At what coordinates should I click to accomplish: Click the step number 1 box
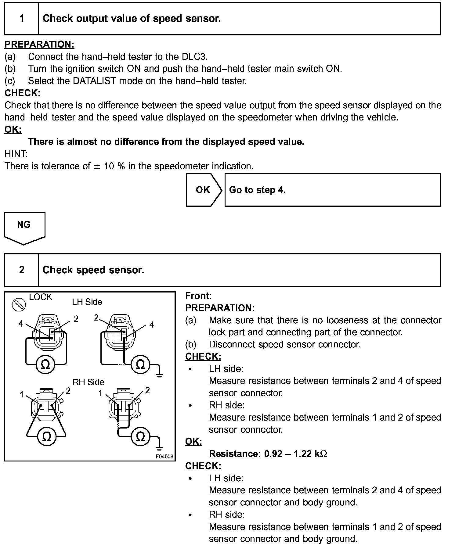pyautogui.click(x=21, y=19)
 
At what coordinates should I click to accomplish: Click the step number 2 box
pyautogui.click(x=21, y=270)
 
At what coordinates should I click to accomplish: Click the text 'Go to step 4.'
pyautogui.click(x=257, y=190)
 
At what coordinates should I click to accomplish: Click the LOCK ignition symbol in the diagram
pyautogui.click(x=19, y=305)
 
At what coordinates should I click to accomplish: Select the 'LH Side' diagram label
pyautogui.click(x=87, y=302)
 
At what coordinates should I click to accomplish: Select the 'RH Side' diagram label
pyautogui.click(x=88, y=382)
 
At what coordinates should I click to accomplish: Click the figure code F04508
pyautogui.click(x=164, y=457)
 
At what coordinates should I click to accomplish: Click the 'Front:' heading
pyautogui.click(x=198, y=296)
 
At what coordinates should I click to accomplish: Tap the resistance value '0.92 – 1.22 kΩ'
pyautogui.click(x=295, y=454)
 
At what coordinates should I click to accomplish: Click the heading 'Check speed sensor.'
pyautogui.click(x=93, y=270)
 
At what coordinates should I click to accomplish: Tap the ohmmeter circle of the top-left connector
pyautogui.click(x=45, y=364)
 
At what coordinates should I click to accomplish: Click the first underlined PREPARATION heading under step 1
pyautogui.click(x=39, y=45)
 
